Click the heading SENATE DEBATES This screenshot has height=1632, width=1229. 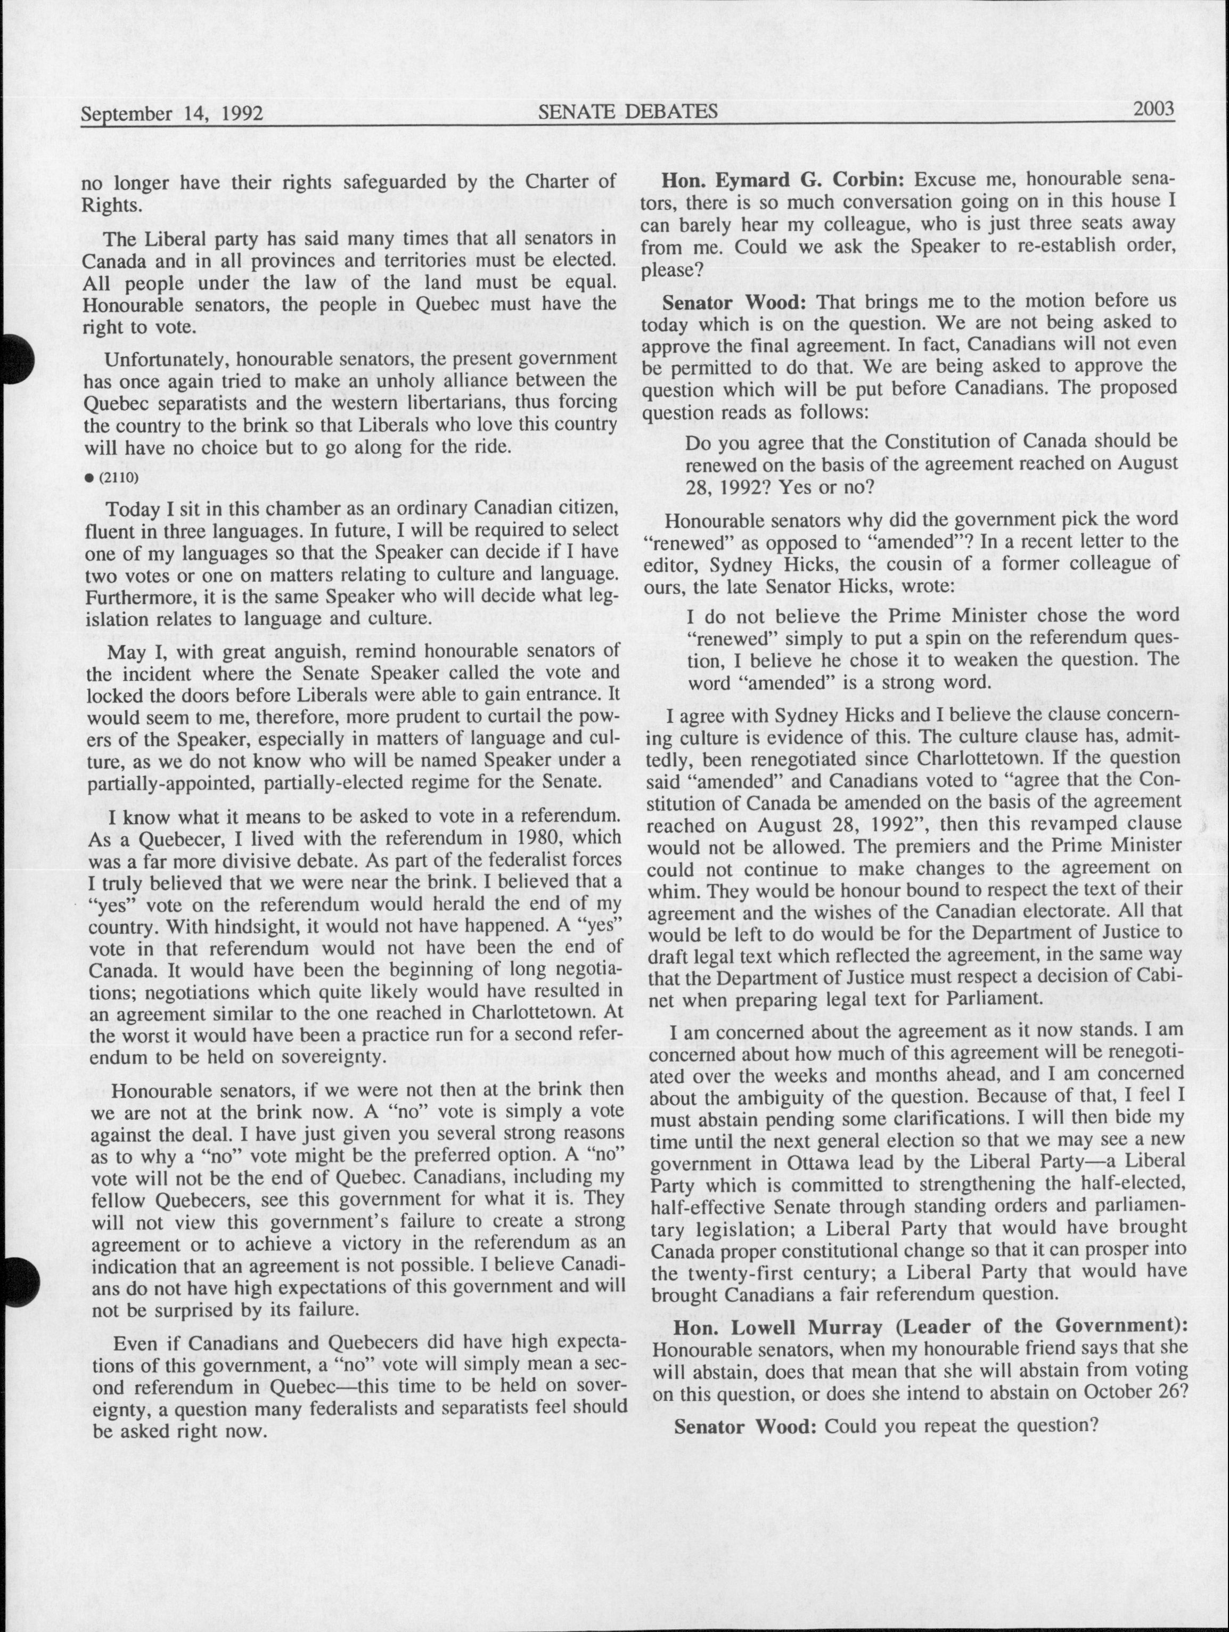click(628, 111)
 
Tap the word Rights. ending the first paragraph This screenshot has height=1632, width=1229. click(111, 205)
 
